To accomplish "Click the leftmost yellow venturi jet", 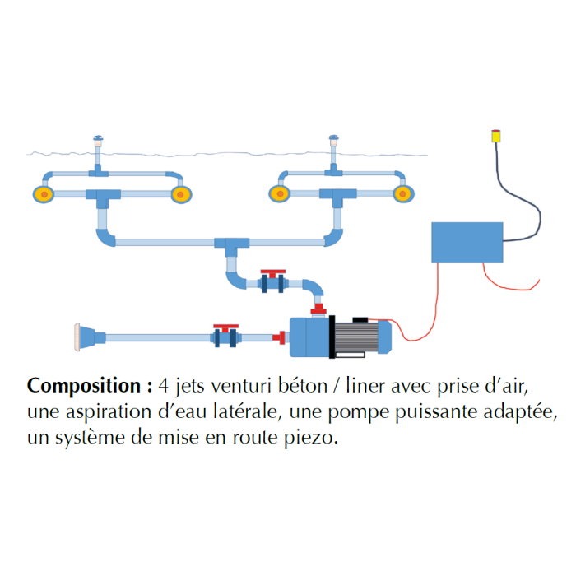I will tap(42, 195).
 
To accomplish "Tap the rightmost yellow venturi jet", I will tap(402, 194).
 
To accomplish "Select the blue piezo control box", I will tap(467, 242).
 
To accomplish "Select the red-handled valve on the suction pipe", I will tap(226, 336).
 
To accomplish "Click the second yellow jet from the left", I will tap(180, 195).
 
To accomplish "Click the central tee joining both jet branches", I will tap(231, 244).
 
